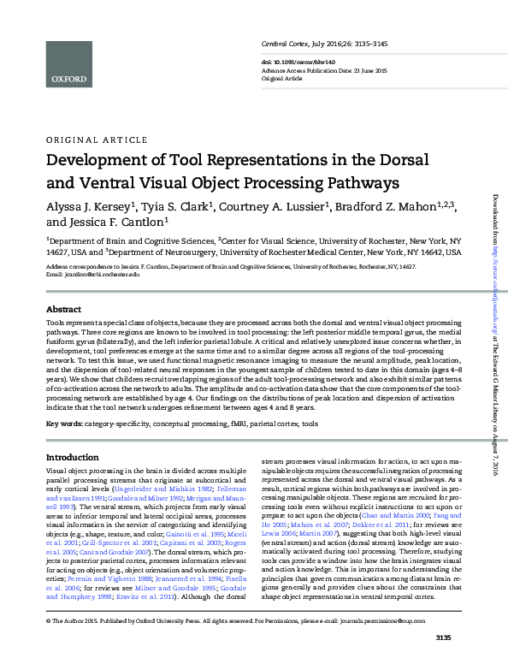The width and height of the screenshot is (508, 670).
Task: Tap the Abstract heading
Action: click(x=63, y=309)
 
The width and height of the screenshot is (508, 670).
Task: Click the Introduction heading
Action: click(x=72, y=458)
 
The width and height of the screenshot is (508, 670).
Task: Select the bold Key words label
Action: click(x=64, y=424)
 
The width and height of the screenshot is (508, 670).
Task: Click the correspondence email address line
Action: click(x=92, y=275)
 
